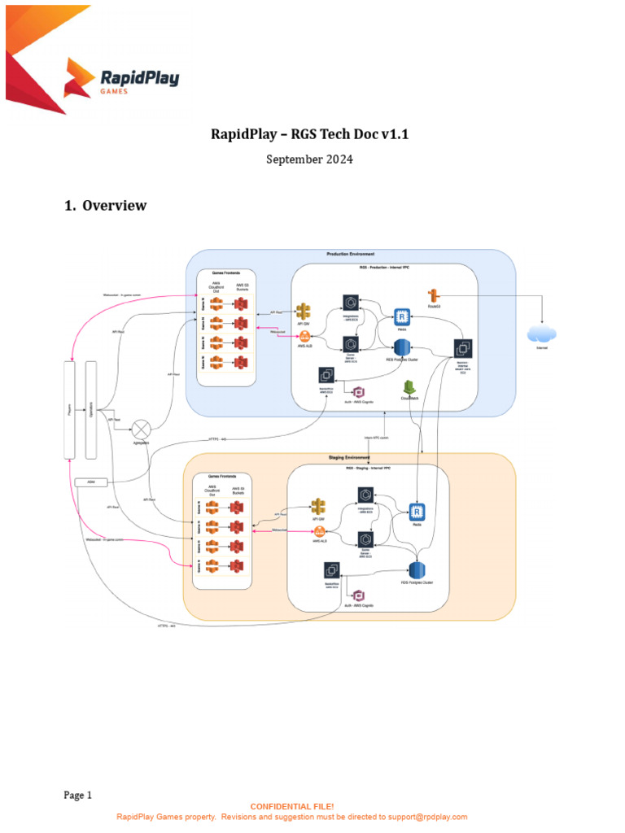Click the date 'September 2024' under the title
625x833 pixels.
(309, 159)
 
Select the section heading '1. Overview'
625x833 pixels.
(106, 205)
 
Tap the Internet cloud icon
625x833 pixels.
(542, 334)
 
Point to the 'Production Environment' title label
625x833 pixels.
(351, 255)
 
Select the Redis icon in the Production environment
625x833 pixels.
(401, 318)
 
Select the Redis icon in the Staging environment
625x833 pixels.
(417, 512)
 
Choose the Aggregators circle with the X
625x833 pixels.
(142, 428)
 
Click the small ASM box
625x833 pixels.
(86, 482)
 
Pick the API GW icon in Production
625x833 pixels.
(304, 312)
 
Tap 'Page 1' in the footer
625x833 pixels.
(79, 795)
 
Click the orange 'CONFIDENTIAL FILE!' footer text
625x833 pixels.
(292, 806)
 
